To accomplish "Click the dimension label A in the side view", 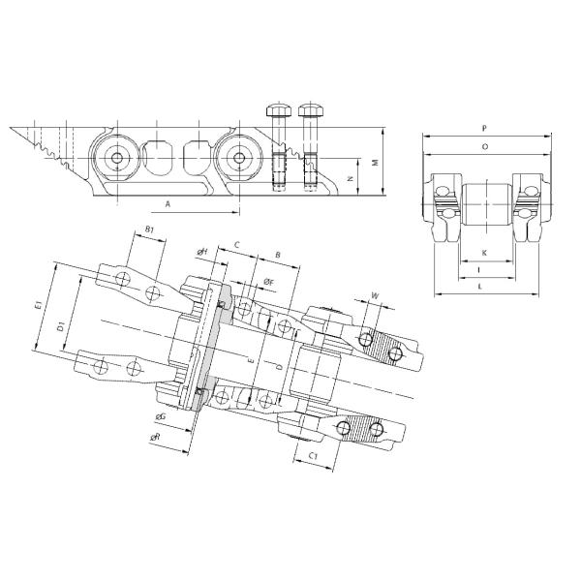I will (168, 204).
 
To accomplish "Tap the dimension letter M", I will (376, 163).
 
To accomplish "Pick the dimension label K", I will (484, 253).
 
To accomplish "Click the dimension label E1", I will (38, 306).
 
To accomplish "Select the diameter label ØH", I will (201, 253).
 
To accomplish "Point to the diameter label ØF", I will (268, 282).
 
